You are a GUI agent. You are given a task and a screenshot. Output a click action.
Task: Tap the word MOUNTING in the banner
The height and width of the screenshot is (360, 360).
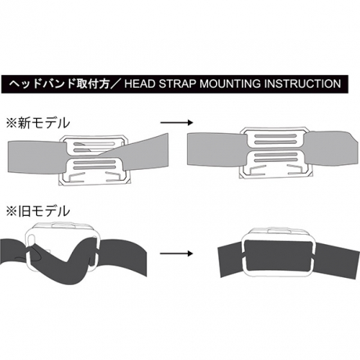point(230,84)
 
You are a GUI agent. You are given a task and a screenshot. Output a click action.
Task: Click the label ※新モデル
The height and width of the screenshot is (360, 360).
point(38,123)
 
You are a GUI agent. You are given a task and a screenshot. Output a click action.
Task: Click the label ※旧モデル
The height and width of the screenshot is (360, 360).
point(38,211)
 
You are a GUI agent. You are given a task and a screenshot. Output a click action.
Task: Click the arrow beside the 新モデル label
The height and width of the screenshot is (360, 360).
point(176,123)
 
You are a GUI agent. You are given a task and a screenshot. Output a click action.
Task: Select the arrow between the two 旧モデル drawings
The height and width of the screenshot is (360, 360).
point(176,254)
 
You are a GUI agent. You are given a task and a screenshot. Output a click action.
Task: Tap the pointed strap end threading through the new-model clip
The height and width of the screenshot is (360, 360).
point(146,151)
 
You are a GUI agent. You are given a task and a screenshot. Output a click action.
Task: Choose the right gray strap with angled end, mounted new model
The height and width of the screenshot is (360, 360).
point(330,148)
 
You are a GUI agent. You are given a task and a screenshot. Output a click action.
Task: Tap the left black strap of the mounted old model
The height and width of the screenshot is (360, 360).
point(230,261)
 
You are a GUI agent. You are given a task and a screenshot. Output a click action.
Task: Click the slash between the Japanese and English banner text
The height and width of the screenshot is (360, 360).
point(117,84)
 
